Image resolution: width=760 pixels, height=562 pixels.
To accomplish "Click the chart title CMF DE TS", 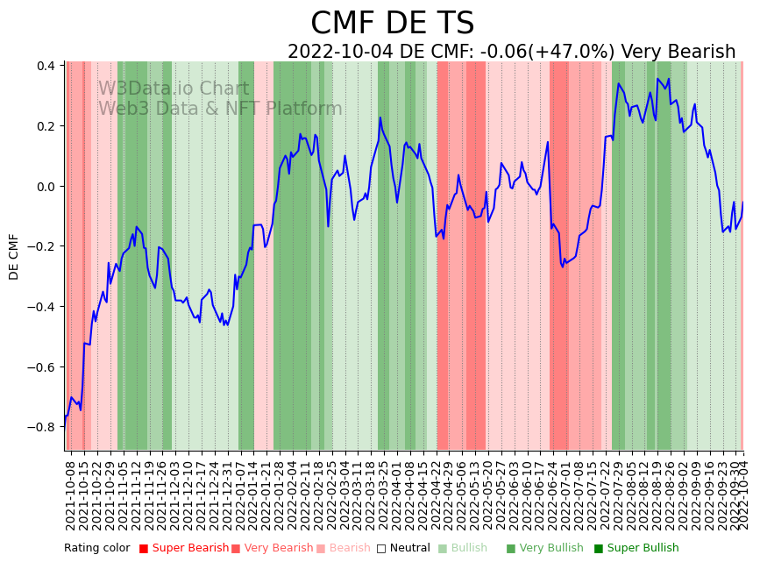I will pos(392,24).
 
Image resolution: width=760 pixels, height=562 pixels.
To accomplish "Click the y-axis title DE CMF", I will pos(13,256).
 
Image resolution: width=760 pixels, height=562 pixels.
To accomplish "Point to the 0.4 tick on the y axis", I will pos(48,66).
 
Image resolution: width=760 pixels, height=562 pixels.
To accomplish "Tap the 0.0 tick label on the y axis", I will pos(48,186).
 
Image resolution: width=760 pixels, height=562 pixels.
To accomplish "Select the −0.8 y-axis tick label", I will pos(44,427).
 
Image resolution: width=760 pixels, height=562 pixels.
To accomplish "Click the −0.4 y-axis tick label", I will pos(44,307).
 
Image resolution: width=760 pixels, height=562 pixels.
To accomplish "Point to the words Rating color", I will pos(96,549).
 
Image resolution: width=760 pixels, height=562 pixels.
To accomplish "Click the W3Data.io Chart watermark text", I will pos(174,89).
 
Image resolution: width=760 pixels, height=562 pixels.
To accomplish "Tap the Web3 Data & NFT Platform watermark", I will pos(220,109).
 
